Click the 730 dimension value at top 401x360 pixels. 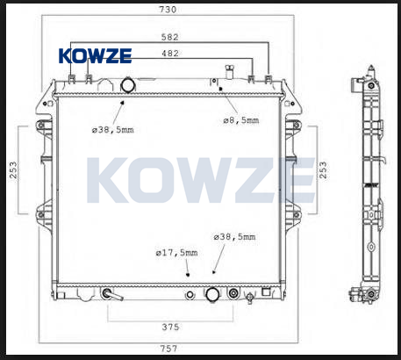click(x=168, y=10)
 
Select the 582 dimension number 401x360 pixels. click(x=170, y=37)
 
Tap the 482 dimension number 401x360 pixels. click(x=170, y=54)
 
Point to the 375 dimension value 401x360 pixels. click(x=170, y=327)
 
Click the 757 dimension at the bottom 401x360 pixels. click(x=168, y=349)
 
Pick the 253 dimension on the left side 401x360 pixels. click(x=13, y=170)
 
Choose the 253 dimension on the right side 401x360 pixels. click(x=323, y=170)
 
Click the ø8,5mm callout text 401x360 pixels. click(x=241, y=120)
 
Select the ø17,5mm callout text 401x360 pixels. click(x=176, y=253)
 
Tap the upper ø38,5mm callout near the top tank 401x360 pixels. click(x=113, y=130)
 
